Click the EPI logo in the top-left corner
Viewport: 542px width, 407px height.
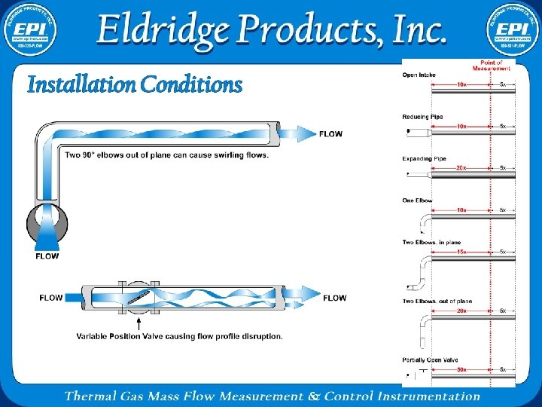click(x=30, y=29)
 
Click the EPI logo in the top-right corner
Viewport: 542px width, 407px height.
click(x=511, y=29)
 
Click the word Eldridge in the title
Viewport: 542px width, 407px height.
click(x=163, y=29)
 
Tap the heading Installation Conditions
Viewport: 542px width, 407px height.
click(x=135, y=84)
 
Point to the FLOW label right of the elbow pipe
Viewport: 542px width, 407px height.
click(x=330, y=134)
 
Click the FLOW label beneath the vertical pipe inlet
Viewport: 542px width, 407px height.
click(x=47, y=256)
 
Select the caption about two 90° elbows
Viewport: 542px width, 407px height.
click(x=166, y=155)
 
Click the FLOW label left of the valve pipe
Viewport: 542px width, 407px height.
click(x=51, y=298)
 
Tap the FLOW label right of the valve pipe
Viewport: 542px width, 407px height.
click(x=335, y=298)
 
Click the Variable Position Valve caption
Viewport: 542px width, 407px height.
click(x=179, y=336)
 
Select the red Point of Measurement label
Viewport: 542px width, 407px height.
click(x=492, y=65)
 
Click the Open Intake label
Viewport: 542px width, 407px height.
click(x=419, y=75)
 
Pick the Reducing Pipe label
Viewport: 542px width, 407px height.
click(x=423, y=116)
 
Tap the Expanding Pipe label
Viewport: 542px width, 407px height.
click(x=425, y=158)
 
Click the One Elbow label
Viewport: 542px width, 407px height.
click(x=418, y=200)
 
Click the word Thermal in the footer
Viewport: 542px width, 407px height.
click(x=90, y=396)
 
